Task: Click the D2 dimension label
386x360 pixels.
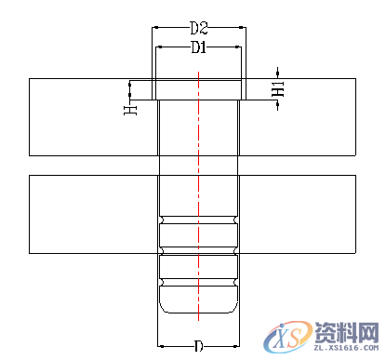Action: point(197,27)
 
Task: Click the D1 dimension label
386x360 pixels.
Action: point(197,47)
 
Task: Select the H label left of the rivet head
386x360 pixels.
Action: point(131,109)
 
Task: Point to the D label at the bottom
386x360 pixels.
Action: point(198,346)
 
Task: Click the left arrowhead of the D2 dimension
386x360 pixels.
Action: point(154,27)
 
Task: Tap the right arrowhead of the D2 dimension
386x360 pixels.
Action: point(242,27)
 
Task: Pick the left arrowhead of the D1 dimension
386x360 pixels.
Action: point(161,47)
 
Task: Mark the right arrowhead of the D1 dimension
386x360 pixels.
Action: point(236,47)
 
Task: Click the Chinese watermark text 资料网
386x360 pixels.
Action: point(344,333)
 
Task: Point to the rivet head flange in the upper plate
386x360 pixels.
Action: point(198,89)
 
